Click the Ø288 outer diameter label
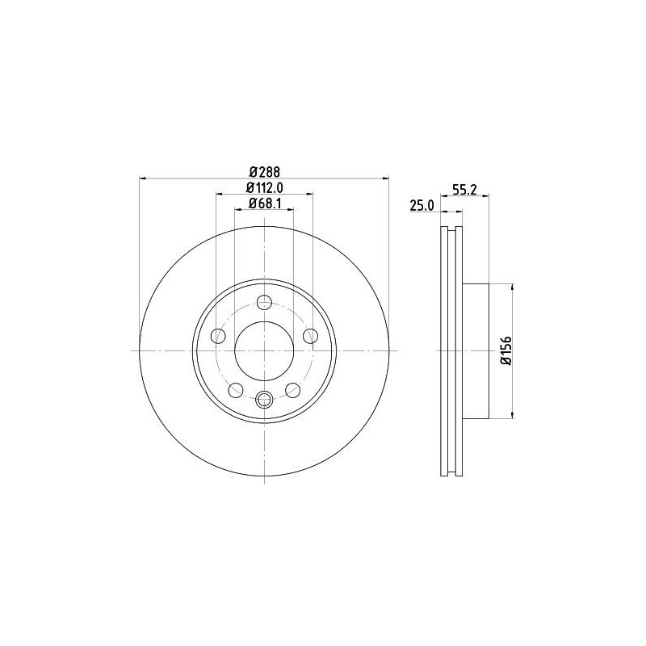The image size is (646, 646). pos(264,171)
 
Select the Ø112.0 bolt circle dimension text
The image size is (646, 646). pos(264,188)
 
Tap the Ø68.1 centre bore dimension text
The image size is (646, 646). pos(264,203)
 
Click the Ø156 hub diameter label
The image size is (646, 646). pos(505,351)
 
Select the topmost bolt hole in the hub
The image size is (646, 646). pos(264,303)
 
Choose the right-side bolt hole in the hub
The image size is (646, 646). pos(309,336)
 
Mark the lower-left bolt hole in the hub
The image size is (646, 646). pos(236,390)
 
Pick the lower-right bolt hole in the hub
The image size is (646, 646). pos(292,390)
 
